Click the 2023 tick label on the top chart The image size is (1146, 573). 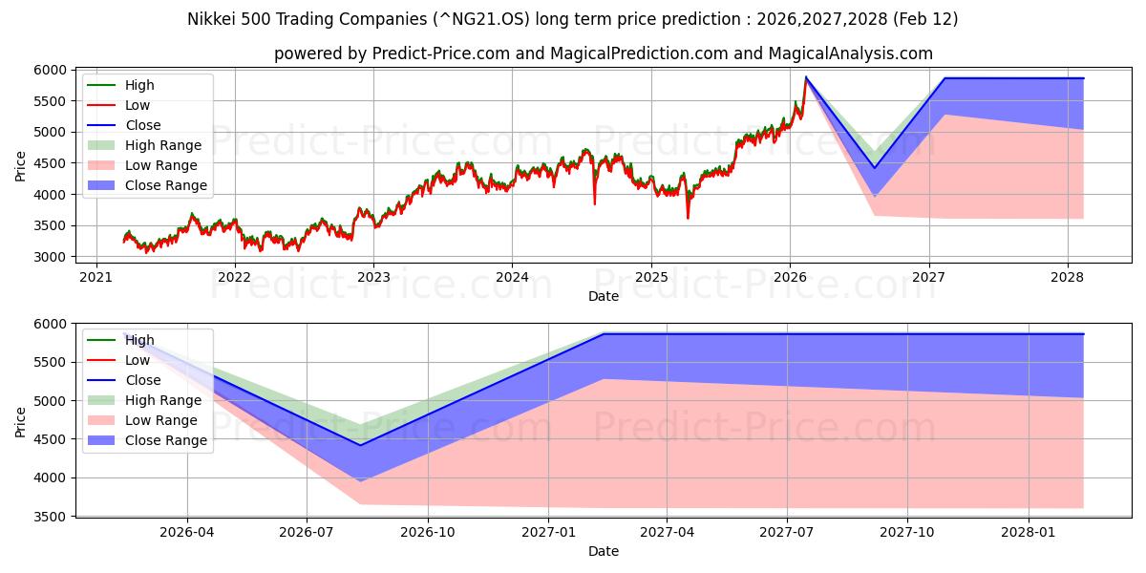(x=373, y=277)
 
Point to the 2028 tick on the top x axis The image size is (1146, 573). (x=1068, y=277)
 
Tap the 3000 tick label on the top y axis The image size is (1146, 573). (x=51, y=257)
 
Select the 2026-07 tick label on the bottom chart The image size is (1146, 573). (x=307, y=532)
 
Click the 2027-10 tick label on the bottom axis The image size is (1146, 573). (x=907, y=532)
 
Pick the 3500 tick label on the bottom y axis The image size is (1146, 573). (x=51, y=517)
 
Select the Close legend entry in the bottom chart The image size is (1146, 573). (x=143, y=380)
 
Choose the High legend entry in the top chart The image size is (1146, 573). (x=139, y=85)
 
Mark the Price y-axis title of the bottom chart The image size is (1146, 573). (x=21, y=420)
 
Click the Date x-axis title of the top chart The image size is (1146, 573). (x=603, y=296)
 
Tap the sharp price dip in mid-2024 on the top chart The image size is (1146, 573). (x=595, y=203)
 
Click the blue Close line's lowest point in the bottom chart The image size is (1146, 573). (x=361, y=445)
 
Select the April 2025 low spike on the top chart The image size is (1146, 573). (x=688, y=218)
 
